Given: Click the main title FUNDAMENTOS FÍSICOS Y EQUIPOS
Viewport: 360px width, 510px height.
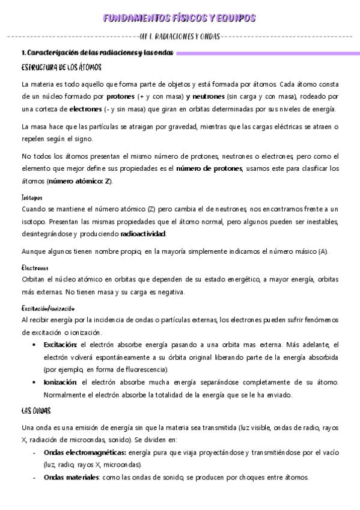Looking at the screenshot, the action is [179, 19].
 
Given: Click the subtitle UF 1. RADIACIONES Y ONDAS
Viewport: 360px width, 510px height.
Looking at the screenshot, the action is [179, 36].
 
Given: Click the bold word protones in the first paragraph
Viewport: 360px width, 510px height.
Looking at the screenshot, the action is [120, 96].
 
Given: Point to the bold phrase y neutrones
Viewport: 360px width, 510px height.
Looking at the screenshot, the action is [206, 96].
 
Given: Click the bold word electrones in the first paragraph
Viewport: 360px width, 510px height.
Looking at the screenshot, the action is [85, 109].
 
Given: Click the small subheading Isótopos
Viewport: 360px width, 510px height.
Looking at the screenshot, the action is [31, 197].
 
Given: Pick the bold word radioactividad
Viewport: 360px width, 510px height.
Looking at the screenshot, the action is [143, 234].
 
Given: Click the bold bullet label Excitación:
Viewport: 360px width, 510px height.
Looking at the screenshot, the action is [60, 345].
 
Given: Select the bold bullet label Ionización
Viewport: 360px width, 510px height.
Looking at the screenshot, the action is [60, 382].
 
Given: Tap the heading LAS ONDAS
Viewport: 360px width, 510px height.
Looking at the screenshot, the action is [36, 411].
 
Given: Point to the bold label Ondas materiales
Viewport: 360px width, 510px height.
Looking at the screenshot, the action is [71, 478].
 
